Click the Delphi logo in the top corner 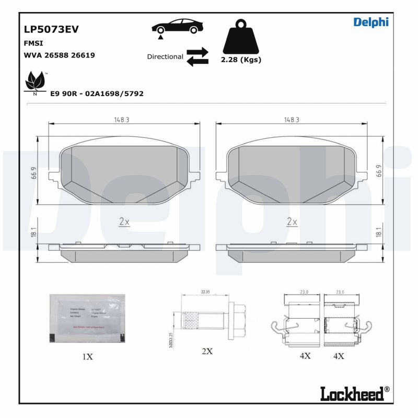pyautogui.click(x=371, y=22)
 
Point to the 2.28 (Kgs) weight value pyautogui.click(x=241, y=60)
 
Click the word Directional pyautogui.click(x=165, y=56)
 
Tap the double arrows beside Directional pyautogui.click(x=198, y=56)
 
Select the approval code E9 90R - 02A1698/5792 pyautogui.click(x=97, y=94)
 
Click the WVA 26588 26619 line pyautogui.click(x=59, y=55)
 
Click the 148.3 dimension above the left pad pyautogui.click(x=122, y=120)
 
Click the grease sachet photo pyautogui.click(x=87, y=318)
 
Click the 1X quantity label pyautogui.click(x=87, y=357)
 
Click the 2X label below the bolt pyautogui.click(x=207, y=351)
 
